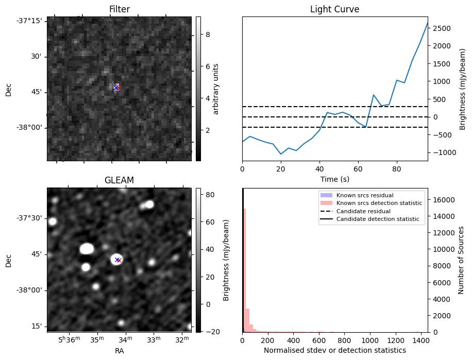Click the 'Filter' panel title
(119, 9)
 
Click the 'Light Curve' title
(334, 9)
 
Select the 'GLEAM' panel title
(119, 180)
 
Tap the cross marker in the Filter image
(116, 88)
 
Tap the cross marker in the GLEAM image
(118, 260)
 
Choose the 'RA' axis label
(119, 351)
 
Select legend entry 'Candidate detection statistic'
(379, 219)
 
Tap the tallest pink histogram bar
(244, 268)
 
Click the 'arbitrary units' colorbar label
(216, 89)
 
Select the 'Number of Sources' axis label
(461, 260)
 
